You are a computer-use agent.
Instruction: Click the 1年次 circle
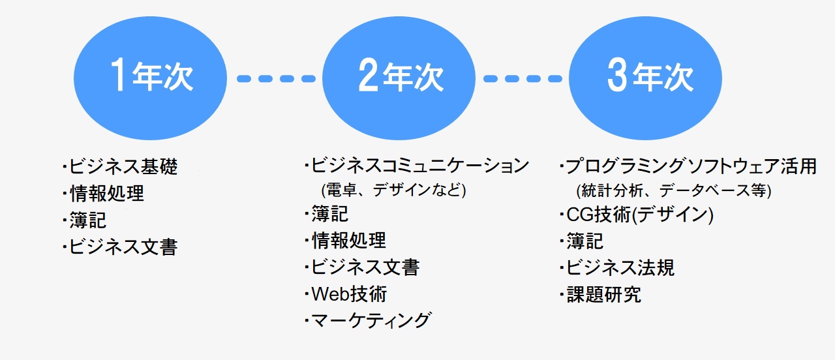[x=150, y=78]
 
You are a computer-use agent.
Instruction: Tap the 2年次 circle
[x=399, y=78]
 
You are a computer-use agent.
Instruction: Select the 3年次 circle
[x=645, y=78]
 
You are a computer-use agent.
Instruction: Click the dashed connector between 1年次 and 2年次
[x=276, y=79]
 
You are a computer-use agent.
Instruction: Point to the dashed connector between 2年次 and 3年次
[x=523, y=79]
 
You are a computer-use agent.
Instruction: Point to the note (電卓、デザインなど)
[x=393, y=190]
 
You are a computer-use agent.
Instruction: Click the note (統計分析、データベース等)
[x=674, y=191]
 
